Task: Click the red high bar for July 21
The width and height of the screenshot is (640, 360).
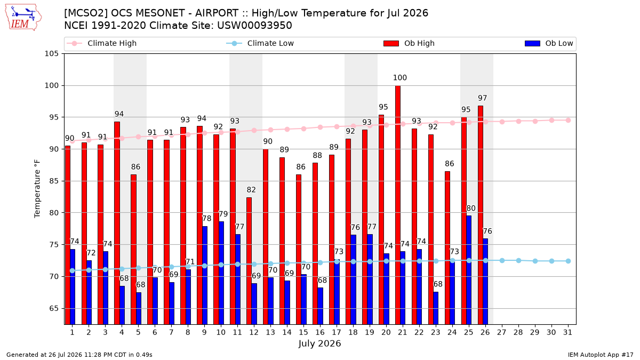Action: [398, 205]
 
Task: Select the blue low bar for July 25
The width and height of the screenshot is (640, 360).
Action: [469, 270]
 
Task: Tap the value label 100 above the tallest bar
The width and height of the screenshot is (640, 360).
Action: [399, 78]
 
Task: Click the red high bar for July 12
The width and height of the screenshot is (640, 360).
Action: [249, 261]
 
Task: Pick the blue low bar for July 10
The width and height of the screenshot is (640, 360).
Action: [221, 273]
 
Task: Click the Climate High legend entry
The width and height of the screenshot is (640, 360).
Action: [102, 43]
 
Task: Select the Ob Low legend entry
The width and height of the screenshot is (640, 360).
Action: [549, 43]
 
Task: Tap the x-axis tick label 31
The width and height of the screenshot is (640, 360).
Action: [567, 333]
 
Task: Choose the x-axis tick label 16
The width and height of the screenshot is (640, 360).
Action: [320, 333]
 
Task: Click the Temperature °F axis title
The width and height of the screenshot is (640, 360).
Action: [37, 189]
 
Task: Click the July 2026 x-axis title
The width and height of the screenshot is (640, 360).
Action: [319, 343]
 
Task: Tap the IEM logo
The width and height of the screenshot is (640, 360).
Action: [23, 17]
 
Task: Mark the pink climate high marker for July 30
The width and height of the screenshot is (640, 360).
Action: [551, 121]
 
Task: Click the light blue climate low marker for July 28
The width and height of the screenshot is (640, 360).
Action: [518, 261]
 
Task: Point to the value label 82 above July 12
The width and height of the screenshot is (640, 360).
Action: [251, 190]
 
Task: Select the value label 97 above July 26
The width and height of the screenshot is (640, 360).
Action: [482, 98]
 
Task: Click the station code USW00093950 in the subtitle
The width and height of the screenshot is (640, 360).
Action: [254, 26]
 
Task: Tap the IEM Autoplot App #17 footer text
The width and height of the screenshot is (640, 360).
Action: [601, 355]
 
